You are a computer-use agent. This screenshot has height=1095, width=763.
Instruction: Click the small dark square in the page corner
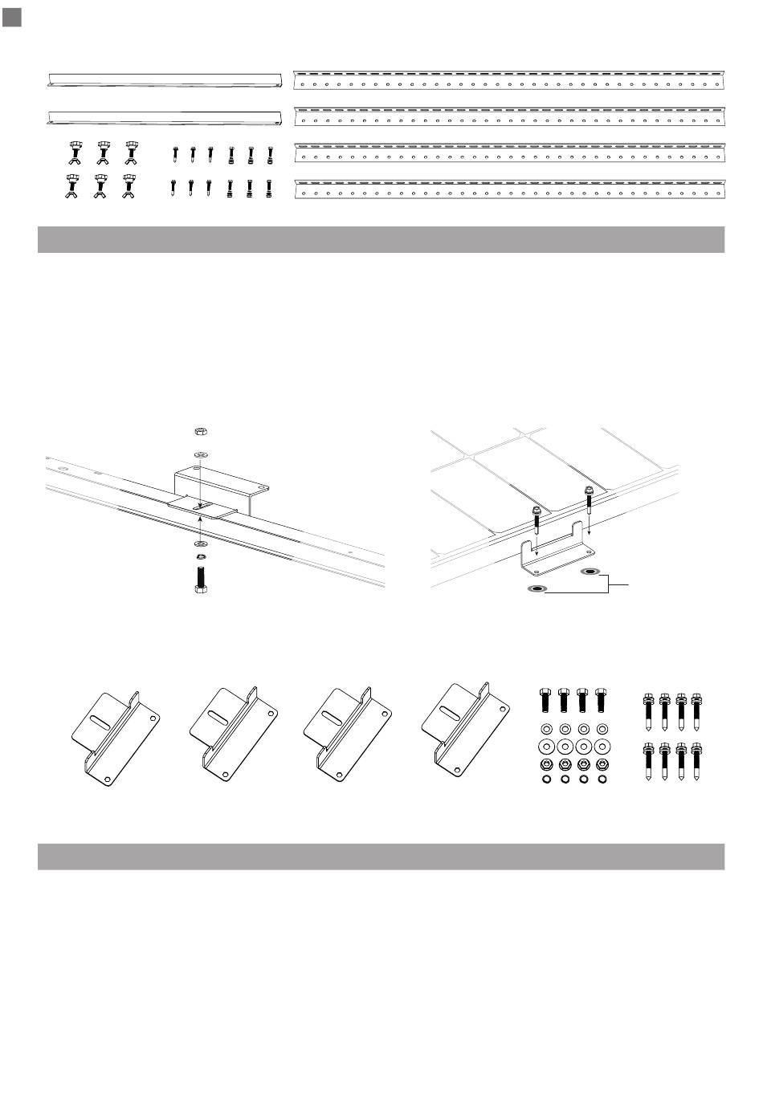11,18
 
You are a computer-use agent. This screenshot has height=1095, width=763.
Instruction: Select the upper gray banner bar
381,239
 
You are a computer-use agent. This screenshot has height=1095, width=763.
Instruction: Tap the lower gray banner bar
381,856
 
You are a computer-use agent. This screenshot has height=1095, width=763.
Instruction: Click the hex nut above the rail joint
199,432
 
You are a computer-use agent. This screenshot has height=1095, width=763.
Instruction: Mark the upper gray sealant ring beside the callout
590,572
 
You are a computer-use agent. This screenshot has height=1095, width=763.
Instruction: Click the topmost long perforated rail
509,79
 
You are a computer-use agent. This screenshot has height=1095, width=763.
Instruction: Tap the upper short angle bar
165,79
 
